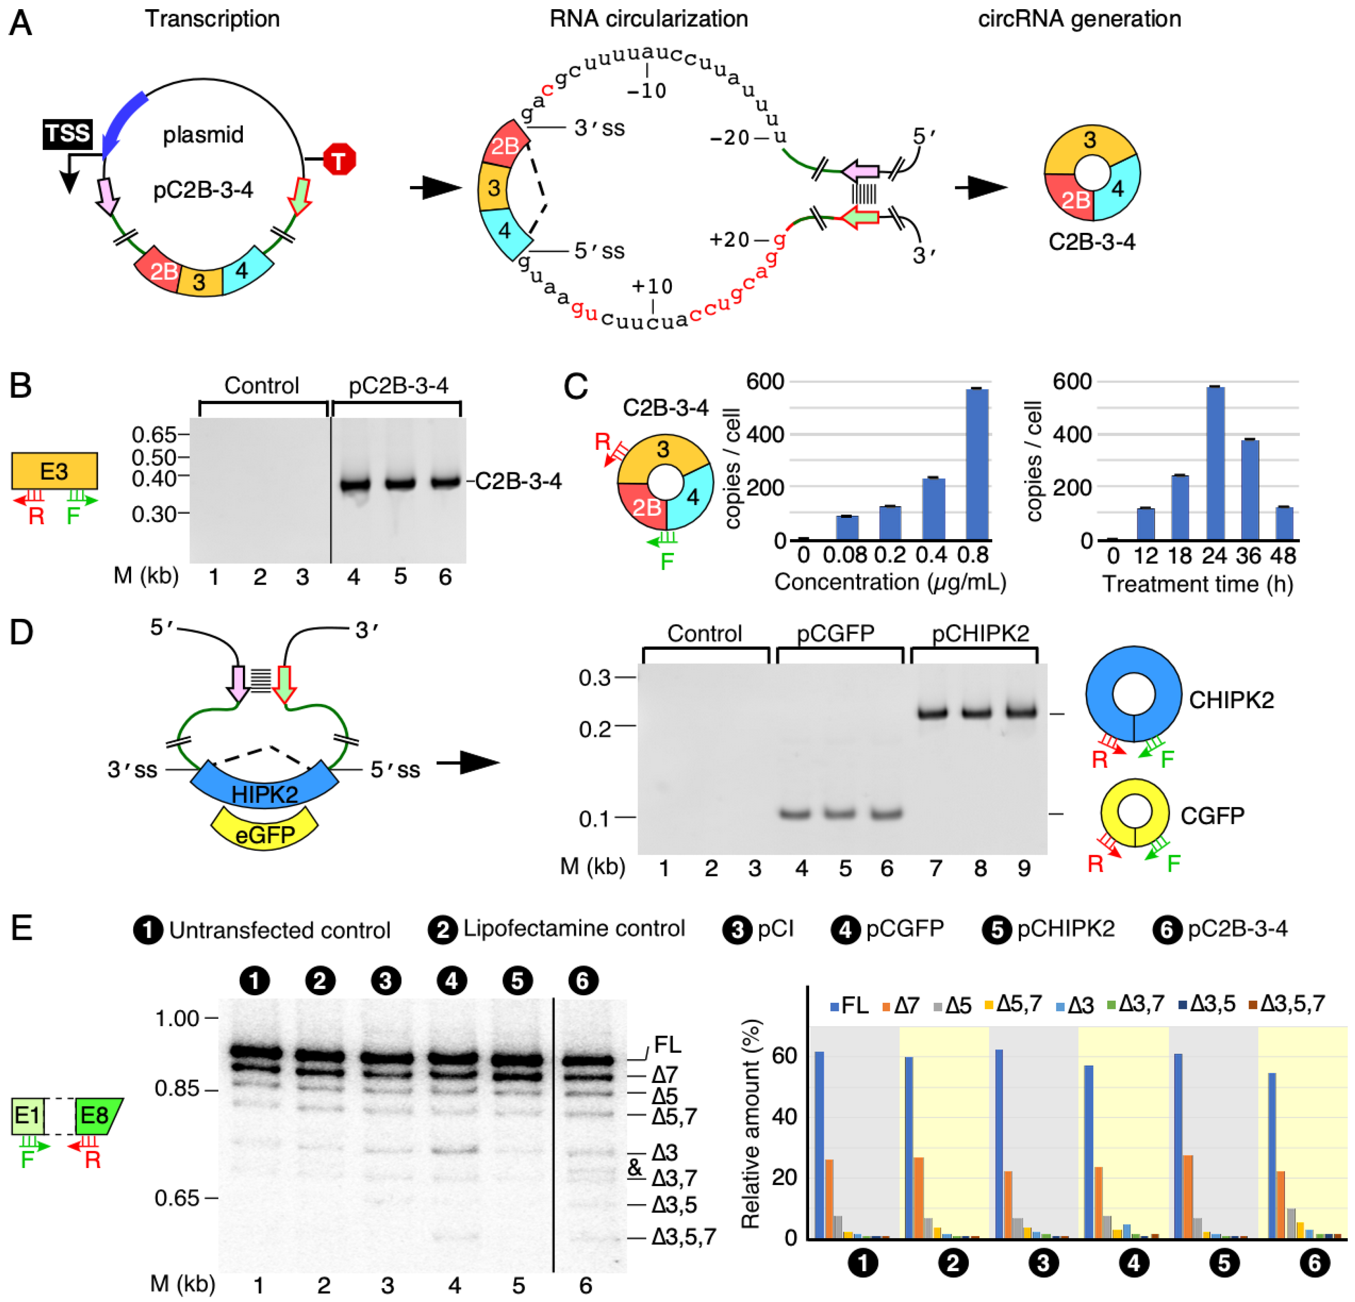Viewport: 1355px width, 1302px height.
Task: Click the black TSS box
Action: [67, 134]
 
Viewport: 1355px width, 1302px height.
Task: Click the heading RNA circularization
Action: [648, 19]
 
